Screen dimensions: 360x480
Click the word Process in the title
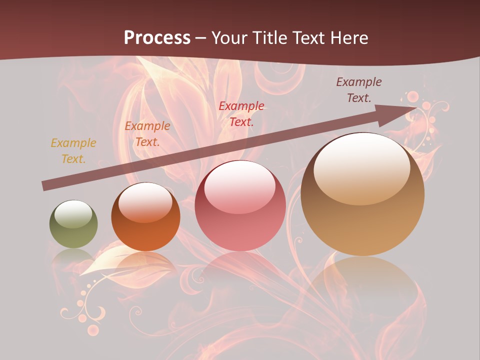157,38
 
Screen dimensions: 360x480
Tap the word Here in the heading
347,38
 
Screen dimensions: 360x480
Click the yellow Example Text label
73,151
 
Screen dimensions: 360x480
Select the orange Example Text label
147,134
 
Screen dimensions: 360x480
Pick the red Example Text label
241,113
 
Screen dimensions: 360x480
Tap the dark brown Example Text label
358,90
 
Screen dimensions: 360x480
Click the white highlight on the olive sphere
73,214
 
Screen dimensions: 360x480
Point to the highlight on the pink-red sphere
239,187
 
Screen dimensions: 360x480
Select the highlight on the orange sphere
145,202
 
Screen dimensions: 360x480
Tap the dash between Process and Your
201,38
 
